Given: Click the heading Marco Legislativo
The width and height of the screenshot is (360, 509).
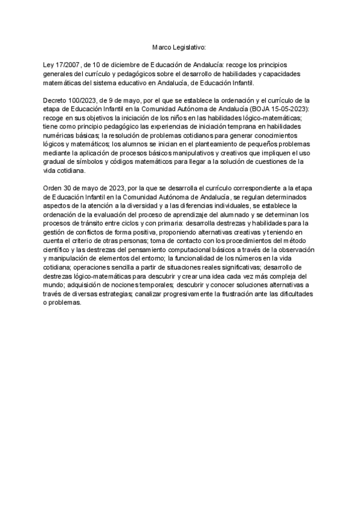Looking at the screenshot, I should [x=178, y=46].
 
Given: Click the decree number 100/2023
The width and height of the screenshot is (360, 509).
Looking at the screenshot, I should [x=90, y=100].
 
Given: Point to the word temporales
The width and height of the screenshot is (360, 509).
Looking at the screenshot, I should [x=136, y=286].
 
